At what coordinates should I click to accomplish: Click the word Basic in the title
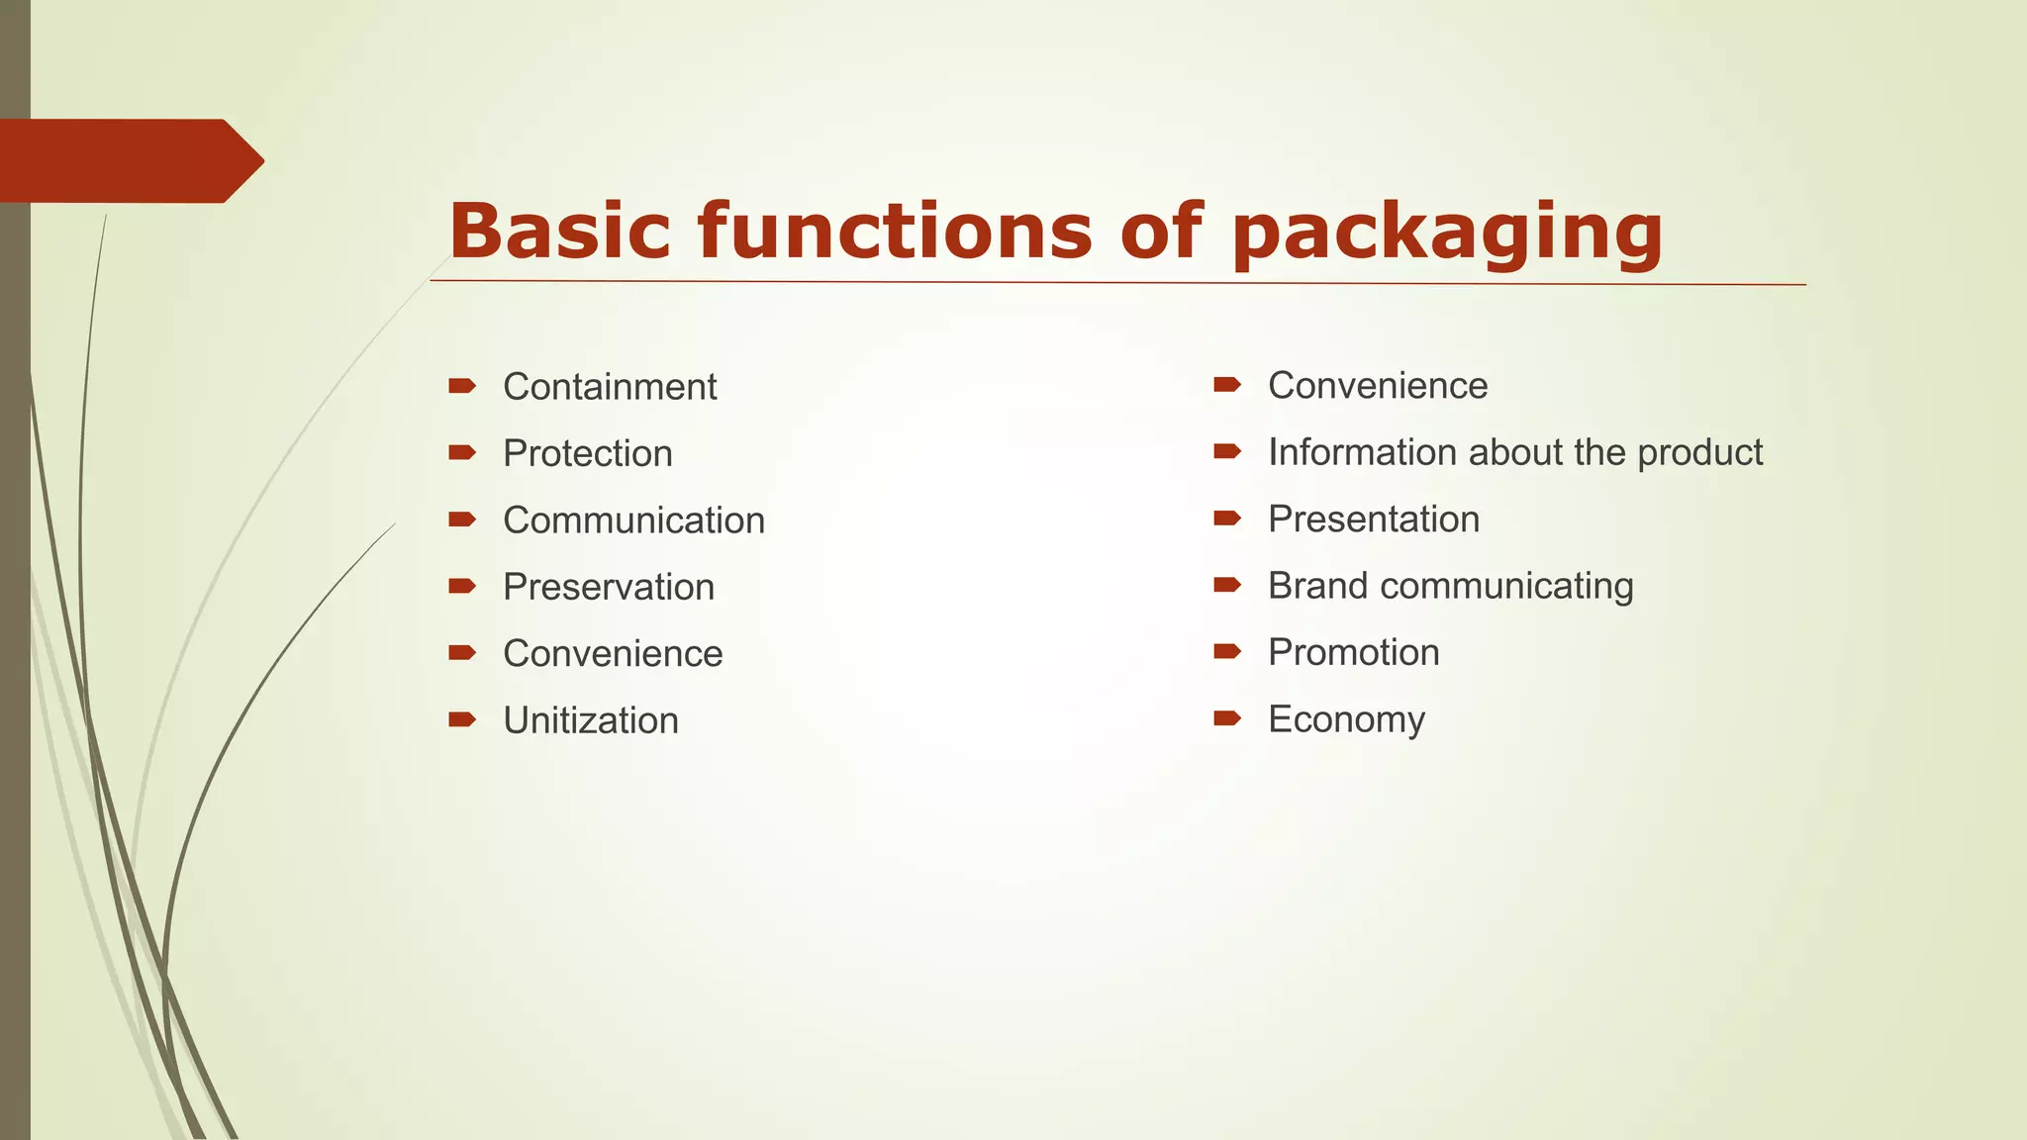(559, 231)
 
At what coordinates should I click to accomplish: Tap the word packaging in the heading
(1447, 234)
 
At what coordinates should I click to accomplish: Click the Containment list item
(610, 387)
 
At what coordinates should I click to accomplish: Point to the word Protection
(588, 453)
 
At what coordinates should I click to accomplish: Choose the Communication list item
(633, 521)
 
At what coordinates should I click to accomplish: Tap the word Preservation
(609, 587)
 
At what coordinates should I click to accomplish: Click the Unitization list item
(591, 720)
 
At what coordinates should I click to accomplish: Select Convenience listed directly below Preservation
(613, 654)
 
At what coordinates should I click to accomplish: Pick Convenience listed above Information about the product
(1378, 386)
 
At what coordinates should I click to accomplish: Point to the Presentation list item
(1374, 520)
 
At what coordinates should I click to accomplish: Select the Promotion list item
(1354, 653)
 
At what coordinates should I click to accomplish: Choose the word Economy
(1346, 720)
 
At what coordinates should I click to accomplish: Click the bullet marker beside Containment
(462, 386)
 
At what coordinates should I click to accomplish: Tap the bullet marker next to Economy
(1227, 718)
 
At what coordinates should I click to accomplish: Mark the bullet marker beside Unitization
(462, 719)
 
